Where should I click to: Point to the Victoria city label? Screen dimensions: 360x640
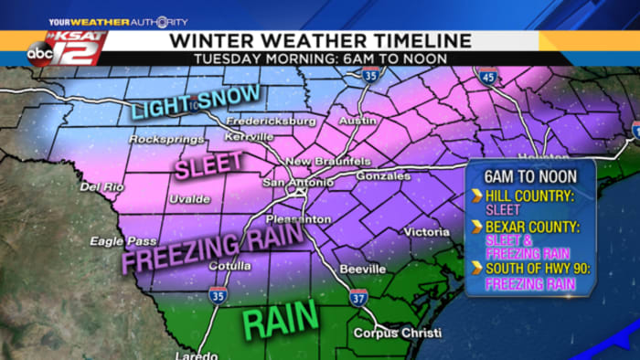[x=426, y=232]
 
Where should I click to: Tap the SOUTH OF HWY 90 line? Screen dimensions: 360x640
[x=532, y=269]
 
